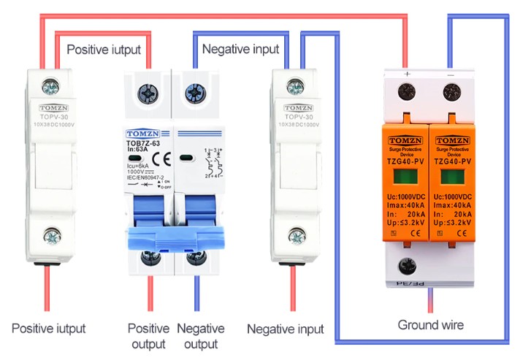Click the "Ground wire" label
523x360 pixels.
[x=430, y=324]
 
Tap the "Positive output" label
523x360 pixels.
[x=148, y=336]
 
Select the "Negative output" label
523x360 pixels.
[x=201, y=336]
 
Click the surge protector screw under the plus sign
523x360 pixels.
[x=407, y=92]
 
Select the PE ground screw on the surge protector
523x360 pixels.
[x=407, y=267]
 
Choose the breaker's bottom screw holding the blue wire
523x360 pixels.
[x=194, y=259]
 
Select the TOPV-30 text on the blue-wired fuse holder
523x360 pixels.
[x=299, y=117]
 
